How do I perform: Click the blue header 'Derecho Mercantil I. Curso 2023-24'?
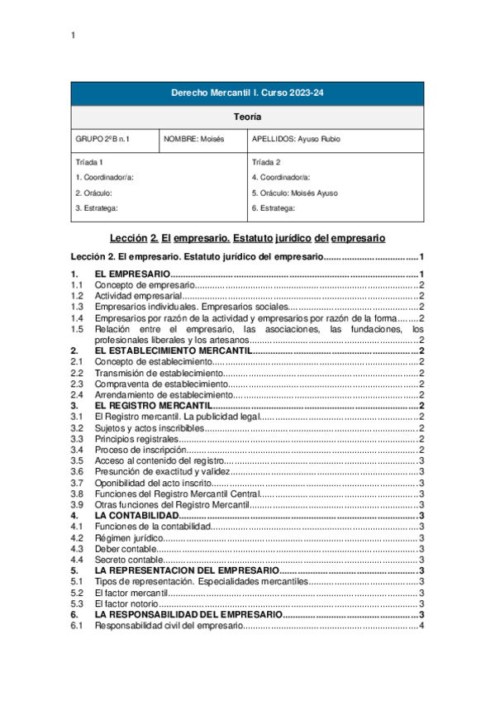point(247,93)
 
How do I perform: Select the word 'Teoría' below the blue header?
point(247,117)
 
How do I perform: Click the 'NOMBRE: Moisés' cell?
point(194,140)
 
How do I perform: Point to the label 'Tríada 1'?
point(89,163)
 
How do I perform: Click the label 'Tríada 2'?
point(266,163)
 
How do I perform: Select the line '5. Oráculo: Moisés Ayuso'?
point(294,193)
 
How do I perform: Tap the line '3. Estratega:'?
point(97,208)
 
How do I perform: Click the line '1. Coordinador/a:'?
point(105,178)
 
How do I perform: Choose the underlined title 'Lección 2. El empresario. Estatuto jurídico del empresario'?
point(247,238)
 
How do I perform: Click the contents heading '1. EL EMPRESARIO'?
point(132,274)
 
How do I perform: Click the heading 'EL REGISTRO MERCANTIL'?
point(153,406)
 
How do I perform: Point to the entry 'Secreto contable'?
point(127,560)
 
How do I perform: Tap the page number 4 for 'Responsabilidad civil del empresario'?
point(421,626)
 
